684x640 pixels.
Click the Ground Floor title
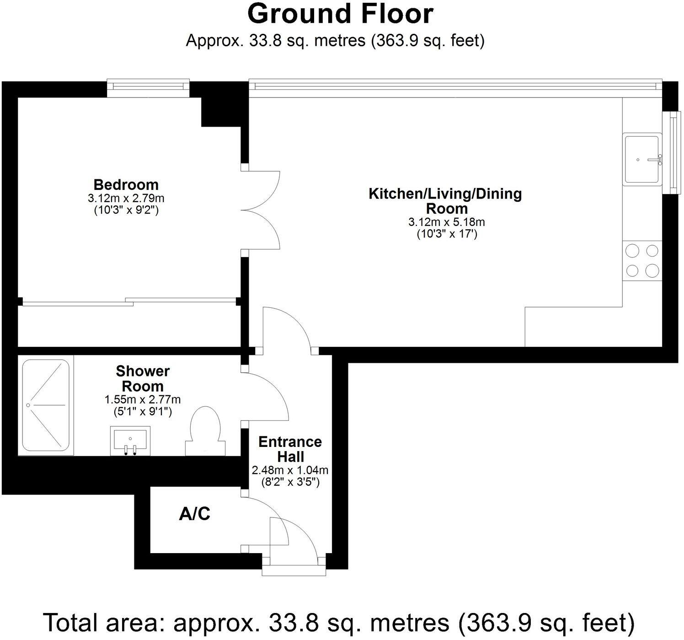(340, 14)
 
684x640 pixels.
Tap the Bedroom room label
(126, 184)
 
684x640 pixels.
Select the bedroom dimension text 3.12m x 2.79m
(126, 198)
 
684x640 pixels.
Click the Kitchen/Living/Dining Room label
(445, 200)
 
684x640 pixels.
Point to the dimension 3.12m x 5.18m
(446, 222)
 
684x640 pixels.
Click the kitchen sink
(642, 159)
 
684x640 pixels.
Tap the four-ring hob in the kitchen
(642, 261)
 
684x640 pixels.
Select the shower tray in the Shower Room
(45, 405)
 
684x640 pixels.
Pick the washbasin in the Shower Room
(130, 441)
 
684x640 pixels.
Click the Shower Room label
(143, 378)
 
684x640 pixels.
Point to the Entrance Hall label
(290, 449)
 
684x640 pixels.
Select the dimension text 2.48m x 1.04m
(290, 470)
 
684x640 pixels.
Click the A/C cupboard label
(194, 514)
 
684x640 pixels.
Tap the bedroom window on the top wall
(148, 88)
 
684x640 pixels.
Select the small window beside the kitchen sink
(673, 153)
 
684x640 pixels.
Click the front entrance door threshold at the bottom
(294, 570)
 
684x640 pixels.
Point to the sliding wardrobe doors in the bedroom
(129, 301)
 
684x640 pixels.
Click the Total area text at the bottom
(339, 622)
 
